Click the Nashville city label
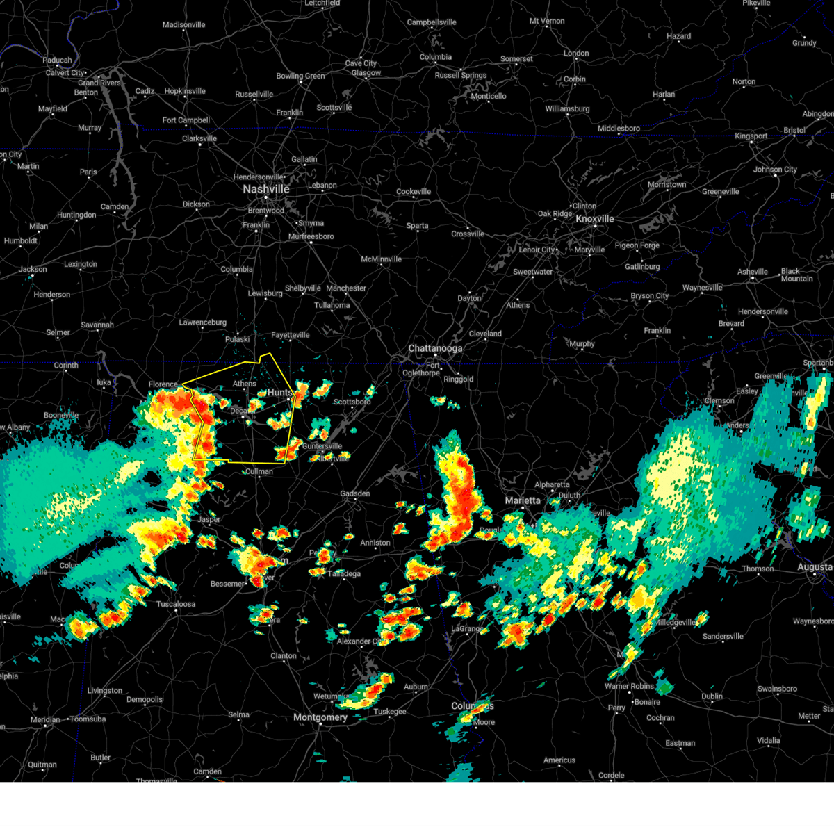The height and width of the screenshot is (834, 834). click(265, 189)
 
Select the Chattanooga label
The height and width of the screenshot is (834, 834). click(435, 348)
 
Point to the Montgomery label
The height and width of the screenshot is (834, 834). click(320, 717)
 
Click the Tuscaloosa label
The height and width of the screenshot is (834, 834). click(175, 604)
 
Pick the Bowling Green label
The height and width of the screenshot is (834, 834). click(300, 76)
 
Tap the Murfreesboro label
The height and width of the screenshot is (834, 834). click(311, 236)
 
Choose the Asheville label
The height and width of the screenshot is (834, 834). click(753, 272)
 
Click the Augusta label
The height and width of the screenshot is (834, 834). click(814, 567)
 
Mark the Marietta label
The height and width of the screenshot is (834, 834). click(523, 500)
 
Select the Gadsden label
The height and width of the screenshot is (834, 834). click(354, 493)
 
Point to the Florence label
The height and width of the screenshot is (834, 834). click(163, 384)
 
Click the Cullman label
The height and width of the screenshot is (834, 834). click(259, 471)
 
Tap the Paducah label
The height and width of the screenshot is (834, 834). click(57, 60)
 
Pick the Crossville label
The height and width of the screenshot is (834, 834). click(468, 234)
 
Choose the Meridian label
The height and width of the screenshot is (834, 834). click(45, 719)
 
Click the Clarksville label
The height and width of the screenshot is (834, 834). click(199, 138)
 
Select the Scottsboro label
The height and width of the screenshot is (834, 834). click(352, 402)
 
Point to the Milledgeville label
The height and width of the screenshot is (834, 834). click(673, 623)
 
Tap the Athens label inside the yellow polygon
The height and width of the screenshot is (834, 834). click(244, 384)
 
